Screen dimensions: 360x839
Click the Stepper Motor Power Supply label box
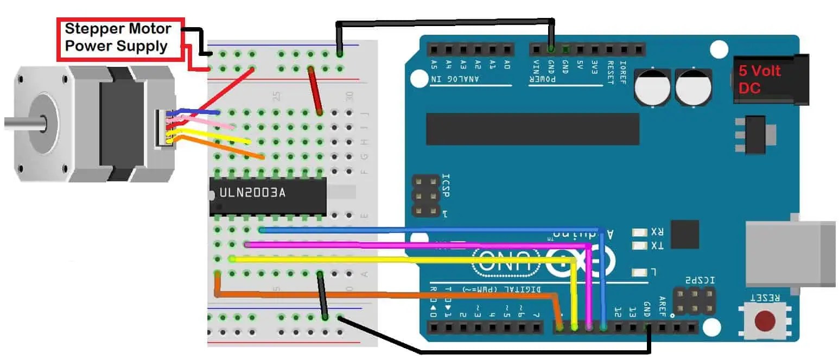120,37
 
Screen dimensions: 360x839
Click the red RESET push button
765,320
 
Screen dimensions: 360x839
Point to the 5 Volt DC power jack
771,79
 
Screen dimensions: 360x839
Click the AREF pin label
662,307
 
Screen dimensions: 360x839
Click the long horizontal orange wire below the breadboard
380,295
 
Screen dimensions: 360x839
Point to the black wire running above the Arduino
445,22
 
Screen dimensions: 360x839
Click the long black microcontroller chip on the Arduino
532,129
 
